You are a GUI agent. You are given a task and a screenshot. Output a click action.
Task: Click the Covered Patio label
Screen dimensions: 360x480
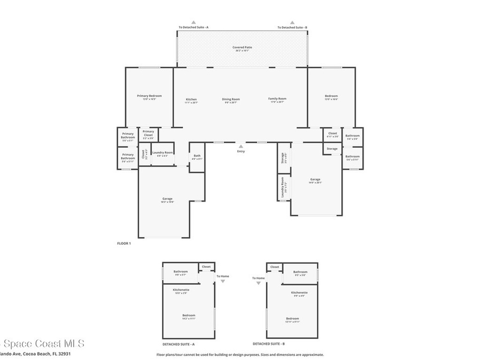pyautogui.click(x=242, y=47)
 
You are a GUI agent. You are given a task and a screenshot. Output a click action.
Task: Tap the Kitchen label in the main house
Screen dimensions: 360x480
pyautogui.click(x=191, y=99)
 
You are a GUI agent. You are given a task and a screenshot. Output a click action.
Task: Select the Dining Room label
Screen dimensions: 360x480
pyautogui.click(x=231, y=99)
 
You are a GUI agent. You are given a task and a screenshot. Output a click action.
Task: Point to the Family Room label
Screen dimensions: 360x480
pyautogui.click(x=277, y=99)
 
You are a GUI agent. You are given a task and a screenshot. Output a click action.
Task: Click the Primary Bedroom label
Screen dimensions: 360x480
pyautogui.click(x=149, y=96)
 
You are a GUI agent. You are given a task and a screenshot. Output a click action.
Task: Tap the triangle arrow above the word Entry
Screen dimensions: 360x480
pyautogui.click(x=240, y=146)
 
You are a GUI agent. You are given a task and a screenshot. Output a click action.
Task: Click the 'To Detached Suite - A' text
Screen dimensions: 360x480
pyautogui.click(x=193, y=28)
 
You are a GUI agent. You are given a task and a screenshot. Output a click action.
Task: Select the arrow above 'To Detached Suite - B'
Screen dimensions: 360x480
pyautogui.click(x=292, y=22)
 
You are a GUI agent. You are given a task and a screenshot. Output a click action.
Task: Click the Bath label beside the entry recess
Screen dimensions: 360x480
pyautogui.click(x=197, y=156)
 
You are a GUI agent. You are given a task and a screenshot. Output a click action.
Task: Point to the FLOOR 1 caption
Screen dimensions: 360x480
pyautogui.click(x=124, y=243)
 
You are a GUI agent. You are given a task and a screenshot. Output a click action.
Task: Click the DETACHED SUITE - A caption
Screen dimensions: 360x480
pyautogui.click(x=178, y=344)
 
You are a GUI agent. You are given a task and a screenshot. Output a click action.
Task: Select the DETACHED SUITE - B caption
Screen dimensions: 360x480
pyautogui.click(x=269, y=344)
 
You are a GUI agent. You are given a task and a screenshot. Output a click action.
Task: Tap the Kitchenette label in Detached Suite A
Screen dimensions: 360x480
pyautogui.click(x=181, y=290)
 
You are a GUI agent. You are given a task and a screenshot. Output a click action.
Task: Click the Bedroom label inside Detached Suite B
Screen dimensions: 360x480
pyautogui.click(x=292, y=319)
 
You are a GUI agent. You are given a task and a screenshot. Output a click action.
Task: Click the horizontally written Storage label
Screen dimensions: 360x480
pyautogui.click(x=332, y=149)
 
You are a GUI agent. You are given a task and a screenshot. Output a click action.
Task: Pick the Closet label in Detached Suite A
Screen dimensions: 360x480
pyautogui.click(x=206, y=267)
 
